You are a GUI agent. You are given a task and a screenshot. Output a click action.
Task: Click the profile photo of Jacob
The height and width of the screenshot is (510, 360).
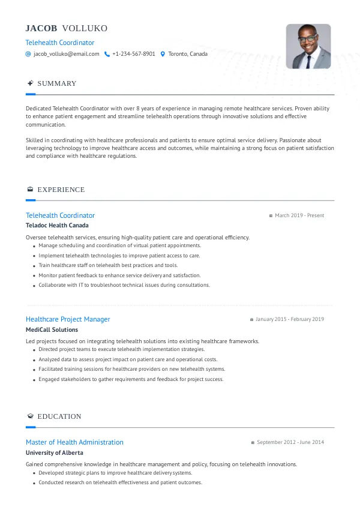pyautogui.click(x=308, y=46)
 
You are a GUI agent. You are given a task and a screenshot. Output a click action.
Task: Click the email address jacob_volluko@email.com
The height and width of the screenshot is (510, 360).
pyautogui.click(x=66, y=54)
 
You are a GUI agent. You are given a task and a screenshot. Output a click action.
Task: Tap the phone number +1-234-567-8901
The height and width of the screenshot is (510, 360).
pyautogui.click(x=133, y=54)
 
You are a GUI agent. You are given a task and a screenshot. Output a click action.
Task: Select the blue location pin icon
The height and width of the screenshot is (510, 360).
pyautogui.click(x=163, y=54)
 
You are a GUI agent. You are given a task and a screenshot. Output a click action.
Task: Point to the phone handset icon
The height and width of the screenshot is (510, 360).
pyautogui.click(x=107, y=54)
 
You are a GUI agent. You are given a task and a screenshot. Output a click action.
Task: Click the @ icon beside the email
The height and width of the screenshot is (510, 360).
pyautogui.click(x=28, y=54)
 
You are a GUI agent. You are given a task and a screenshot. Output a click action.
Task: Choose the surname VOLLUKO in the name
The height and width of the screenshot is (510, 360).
pyautogui.click(x=85, y=29)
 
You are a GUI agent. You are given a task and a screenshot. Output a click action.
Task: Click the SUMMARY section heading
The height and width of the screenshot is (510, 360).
pyautogui.click(x=57, y=83)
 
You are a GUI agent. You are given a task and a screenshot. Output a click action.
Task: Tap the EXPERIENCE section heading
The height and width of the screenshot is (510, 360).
pyautogui.click(x=61, y=190)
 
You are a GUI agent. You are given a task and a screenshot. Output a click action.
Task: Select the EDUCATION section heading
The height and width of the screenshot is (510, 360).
pyautogui.click(x=59, y=416)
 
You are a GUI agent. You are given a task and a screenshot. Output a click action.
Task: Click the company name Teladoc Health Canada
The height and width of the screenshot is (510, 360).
pyautogui.click(x=57, y=226)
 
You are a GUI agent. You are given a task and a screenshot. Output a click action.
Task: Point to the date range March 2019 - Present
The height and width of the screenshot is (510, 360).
pyautogui.click(x=299, y=215)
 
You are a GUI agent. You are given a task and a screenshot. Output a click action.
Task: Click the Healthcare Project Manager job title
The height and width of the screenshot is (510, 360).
pyautogui.click(x=68, y=319)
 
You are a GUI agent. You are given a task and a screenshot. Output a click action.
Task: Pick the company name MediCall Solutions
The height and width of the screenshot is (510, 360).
pyautogui.click(x=52, y=329)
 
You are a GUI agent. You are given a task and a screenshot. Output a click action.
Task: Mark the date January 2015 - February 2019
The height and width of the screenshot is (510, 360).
pyautogui.click(x=290, y=319)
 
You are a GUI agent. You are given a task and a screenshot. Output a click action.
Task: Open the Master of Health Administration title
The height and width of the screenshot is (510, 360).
pyautogui.click(x=74, y=442)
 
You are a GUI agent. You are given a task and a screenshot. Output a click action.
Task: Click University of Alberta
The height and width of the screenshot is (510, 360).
pyautogui.click(x=55, y=452)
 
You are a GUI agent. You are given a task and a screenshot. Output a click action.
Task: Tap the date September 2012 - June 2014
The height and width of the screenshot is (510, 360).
pyautogui.click(x=290, y=442)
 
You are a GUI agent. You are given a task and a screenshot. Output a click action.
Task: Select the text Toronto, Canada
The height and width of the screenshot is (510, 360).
pyautogui.click(x=188, y=54)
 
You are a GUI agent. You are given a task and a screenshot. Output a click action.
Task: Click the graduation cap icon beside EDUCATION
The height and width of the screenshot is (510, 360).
pyautogui.click(x=30, y=416)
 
